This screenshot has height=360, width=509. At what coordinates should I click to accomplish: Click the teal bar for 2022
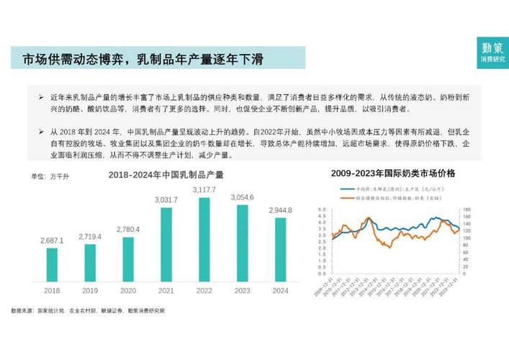click(x=204, y=239)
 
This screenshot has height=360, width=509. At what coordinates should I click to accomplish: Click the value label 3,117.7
click(x=204, y=189)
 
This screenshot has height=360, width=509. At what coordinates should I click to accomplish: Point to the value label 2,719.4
click(x=90, y=236)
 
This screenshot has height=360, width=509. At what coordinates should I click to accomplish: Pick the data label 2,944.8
click(x=280, y=210)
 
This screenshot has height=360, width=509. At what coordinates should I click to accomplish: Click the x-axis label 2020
click(x=128, y=291)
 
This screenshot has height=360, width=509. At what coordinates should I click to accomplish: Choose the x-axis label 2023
click(x=242, y=291)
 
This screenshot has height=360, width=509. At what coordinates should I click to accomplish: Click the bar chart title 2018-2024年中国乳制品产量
click(x=166, y=175)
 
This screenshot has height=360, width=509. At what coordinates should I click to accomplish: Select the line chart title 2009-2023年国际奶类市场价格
click(x=397, y=173)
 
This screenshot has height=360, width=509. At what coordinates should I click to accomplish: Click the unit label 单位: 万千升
click(x=46, y=176)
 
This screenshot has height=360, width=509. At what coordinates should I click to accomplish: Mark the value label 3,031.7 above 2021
click(x=166, y=199)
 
